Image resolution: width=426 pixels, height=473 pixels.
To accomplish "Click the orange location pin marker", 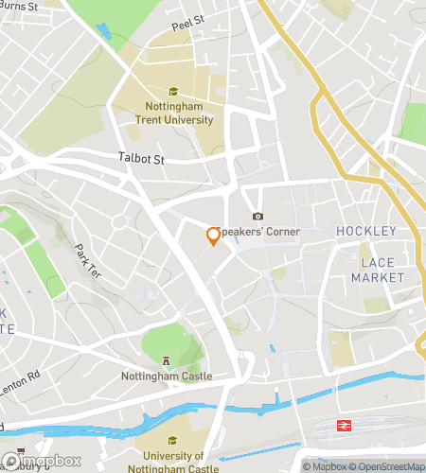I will pyautogui.click(x=214, y=236).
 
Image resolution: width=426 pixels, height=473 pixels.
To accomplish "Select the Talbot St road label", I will pyautogui.click(x=142, y=159).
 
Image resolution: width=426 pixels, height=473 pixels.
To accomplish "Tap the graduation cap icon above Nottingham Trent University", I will pyautogui.click(x=173, y=92).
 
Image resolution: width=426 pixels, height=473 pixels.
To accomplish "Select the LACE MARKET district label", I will pyautogui.click(x=377, y=270).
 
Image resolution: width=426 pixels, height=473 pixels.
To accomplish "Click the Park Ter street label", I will pyautogui.click(x=87, y=260).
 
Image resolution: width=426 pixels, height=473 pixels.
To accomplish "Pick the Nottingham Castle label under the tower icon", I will pyautogui.click(x=167, y=376).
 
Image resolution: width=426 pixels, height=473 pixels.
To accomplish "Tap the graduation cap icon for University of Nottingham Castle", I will pyautogui.click(x=171, y=440).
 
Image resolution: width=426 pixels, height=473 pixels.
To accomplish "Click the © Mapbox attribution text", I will pyautogui.click(x=324, y=466).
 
